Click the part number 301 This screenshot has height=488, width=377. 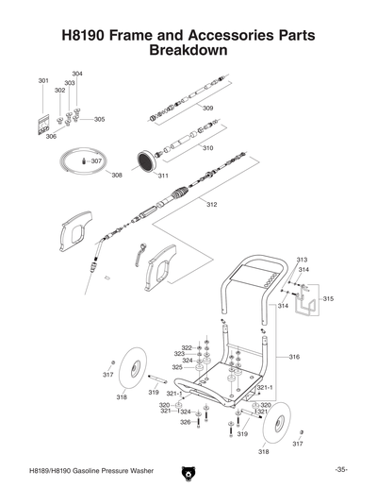pos(43,81)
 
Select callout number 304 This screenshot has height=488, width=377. pos(77,74)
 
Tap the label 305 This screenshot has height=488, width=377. pos(99,120)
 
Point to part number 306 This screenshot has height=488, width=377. pos(51,136)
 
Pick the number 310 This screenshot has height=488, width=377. pos(207,148)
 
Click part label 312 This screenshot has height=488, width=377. pos(211,204)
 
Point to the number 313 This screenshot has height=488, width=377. pos(302,259)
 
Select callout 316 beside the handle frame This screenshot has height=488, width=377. pos(294,357)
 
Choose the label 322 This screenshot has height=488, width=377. pos(187,347)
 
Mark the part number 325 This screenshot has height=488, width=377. pos(176,367)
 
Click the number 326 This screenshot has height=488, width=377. pos(186,422)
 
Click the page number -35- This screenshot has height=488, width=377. pos(340,470)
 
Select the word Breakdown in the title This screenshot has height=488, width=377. pos(188,50)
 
